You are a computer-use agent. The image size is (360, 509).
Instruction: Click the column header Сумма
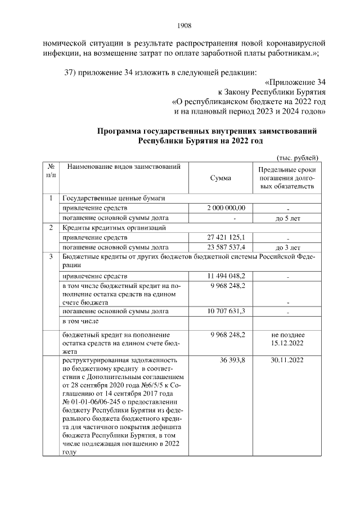pyautogui.click(x=220, y=178)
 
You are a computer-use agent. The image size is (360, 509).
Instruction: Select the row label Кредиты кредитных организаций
pyautogui.click(x=113, y=228)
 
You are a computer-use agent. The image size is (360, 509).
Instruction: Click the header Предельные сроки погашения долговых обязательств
pyautogui.click(x=286, y=178)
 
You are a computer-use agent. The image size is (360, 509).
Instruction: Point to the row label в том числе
pyautogui.click(x=80, y=321)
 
